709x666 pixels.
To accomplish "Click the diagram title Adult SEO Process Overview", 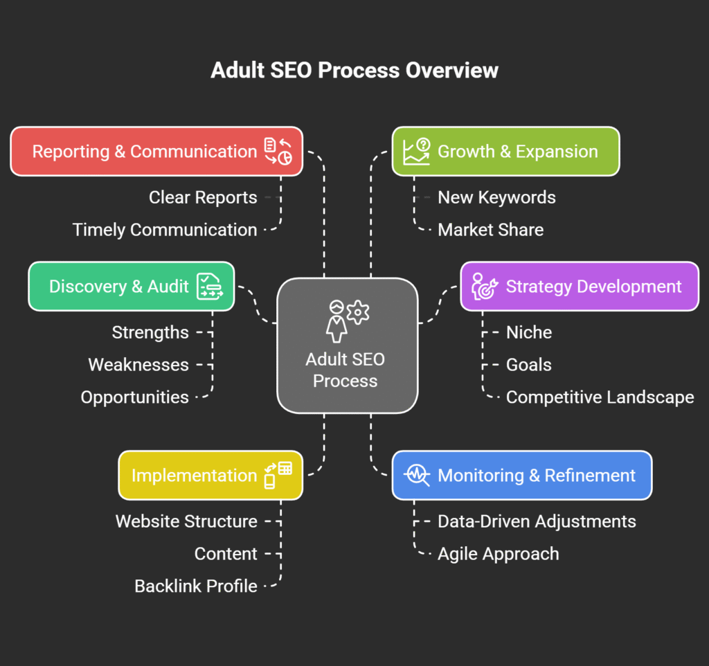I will click(354, 71).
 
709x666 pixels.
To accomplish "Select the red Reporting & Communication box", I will click(156, 152).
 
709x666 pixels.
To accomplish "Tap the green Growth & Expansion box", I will click(505, 152).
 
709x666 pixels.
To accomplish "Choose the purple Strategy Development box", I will click(580, 287).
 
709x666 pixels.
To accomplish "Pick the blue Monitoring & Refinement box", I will click(521, 476).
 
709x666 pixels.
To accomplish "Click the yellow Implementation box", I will click(210, 476).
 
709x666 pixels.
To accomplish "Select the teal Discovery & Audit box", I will click(132, 287).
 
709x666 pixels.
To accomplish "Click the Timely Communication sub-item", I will click(165, 230).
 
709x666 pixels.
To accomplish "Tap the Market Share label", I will click(490, 230).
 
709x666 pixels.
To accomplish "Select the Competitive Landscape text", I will click(600, 397).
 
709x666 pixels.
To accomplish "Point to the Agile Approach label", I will click(498, 554).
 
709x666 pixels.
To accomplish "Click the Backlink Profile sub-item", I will click(196, 586).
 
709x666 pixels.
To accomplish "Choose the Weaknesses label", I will click(138, 365).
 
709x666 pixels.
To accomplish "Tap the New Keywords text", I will click(496, 197).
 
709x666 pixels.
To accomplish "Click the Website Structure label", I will click(186, 521).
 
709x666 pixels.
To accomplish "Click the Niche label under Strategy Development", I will click(528, 332).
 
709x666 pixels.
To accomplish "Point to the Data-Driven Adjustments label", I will click(537, 521).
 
